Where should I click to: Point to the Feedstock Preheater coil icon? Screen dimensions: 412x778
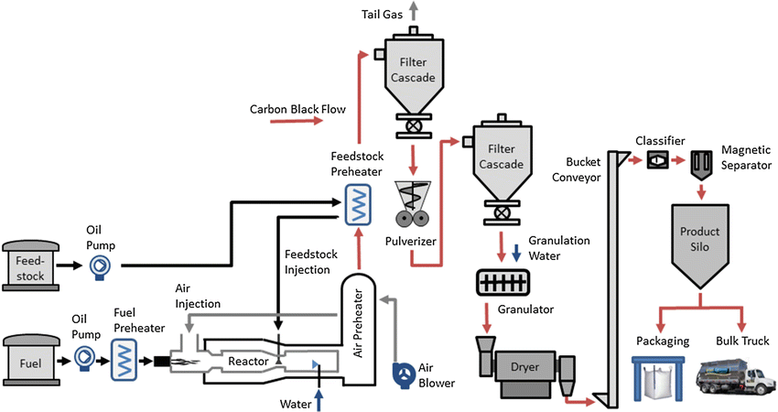click(x=354, y=204)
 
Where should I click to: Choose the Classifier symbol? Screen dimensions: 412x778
click(x=657, y=160)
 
